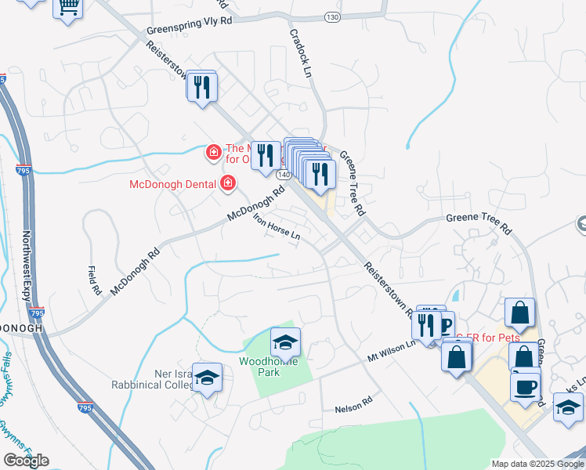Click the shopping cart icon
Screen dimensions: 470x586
point(68,8)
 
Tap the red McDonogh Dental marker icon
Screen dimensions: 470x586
point(228,184)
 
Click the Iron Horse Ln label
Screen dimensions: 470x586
point(276,227)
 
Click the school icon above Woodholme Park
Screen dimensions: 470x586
point(285,342)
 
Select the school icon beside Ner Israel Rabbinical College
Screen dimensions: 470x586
point(207,379)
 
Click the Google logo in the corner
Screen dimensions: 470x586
point(26,461)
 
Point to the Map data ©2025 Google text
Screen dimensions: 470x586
point(537,464)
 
